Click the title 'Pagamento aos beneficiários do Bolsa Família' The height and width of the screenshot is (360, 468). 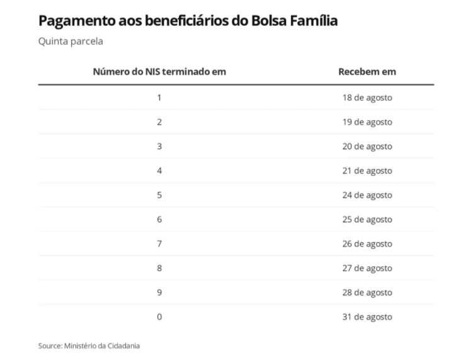pos(188,21)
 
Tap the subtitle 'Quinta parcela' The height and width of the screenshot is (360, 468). pos(71,42)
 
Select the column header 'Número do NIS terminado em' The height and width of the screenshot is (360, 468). pos(159,72)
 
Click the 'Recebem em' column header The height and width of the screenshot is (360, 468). pos(367,72)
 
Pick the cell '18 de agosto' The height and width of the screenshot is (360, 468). pos(367,98)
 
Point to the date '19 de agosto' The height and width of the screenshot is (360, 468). pos(367,122)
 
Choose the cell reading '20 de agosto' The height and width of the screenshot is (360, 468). pos(367,147)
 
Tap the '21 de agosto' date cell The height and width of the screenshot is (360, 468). pos(367,171)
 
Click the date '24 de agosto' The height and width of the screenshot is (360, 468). pos(367,195)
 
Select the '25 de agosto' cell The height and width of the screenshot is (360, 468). pos(367,220)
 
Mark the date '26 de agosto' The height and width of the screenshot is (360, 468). pos(367,244)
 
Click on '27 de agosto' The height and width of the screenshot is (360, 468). pos(367,268)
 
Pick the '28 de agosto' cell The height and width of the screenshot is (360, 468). pos(367,293)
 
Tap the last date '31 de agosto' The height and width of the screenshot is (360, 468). pos(367,317)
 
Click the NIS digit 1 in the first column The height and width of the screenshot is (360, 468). pos(159,98)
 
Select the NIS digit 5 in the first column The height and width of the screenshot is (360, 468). pos(159,195)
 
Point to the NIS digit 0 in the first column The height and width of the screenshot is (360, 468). pos(159,317)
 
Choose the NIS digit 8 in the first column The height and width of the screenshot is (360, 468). pos(159,268)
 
